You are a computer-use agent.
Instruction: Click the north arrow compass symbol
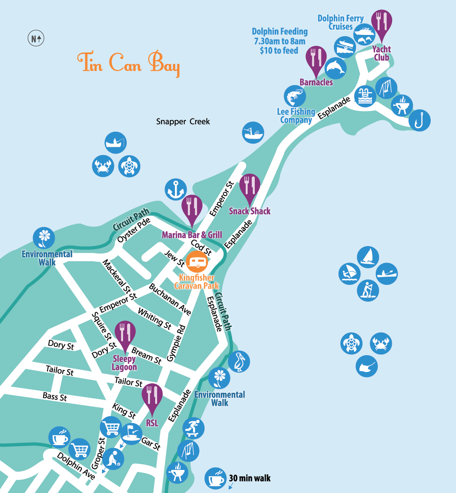pyautogui.click(x=36, y=39)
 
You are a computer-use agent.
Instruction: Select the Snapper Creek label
pyautogui.click(x=183, y=121)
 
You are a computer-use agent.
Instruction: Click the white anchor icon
pyautogui.click(x=176, y=190)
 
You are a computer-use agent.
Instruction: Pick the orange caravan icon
pyautogui.click(x=197, y=261)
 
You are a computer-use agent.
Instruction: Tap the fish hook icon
pyautogui.click(x=419, y=121)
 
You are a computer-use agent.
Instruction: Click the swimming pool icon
pyautogui.click(x=365, y=96)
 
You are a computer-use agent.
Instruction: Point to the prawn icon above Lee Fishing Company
pyautogui.click(x=295, y=96)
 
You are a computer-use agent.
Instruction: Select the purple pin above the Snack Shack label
pyautogui.click(x=249, y=188)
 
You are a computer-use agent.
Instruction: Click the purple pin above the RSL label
pyautogui.click(x=152, y=397)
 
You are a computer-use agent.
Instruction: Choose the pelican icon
pyautogui.click(x=239, y=362)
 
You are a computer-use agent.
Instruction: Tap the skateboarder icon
pyautogui.click(x=193, y=428)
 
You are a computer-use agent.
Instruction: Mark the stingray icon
pyautogui.click(x=367, y=366)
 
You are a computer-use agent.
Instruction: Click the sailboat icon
pyautogui.click(x=368, y=257)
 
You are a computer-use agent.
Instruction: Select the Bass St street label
pyautogui.click(x=55, y=397)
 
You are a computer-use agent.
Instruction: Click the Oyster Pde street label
pyautogui.click(x=134, y=230)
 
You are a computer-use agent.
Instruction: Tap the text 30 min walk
pyautogui.click(x=250, y=478)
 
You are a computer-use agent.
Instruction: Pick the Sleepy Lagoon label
pyautogui.click(x=124, y=363)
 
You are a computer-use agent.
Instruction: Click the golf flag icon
pyautogui.click(x=131, y=434)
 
